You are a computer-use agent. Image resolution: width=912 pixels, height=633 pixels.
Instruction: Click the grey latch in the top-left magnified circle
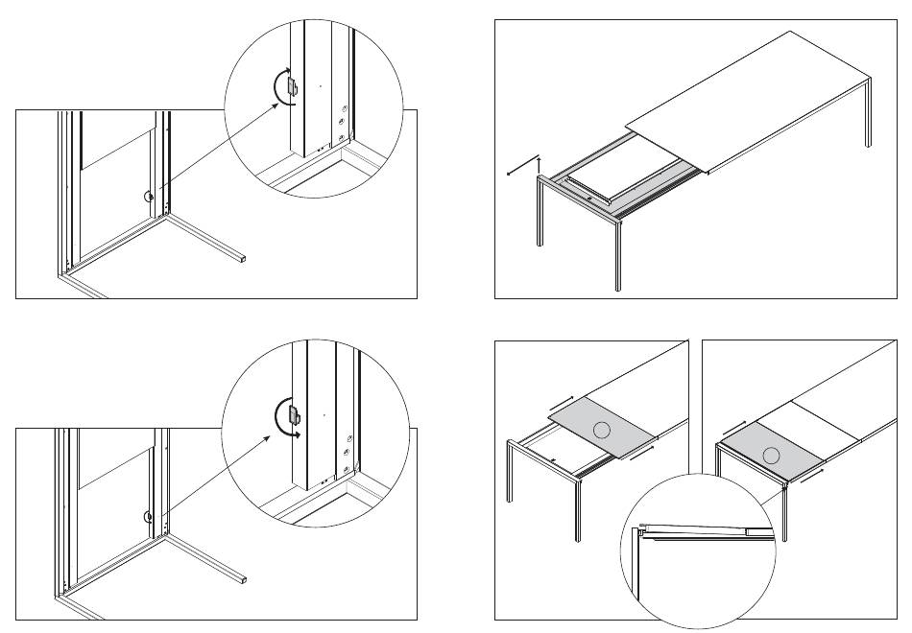pos(291,86)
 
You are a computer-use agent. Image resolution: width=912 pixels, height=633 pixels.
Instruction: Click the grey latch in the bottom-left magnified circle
pos(294,416)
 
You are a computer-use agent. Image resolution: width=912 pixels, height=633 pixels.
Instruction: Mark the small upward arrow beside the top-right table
pos(540,163)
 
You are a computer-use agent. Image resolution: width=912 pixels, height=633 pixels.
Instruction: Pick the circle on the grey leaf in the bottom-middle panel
pos(601,431)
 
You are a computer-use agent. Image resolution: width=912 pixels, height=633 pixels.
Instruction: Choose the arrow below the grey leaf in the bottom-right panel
pos(810,471)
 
